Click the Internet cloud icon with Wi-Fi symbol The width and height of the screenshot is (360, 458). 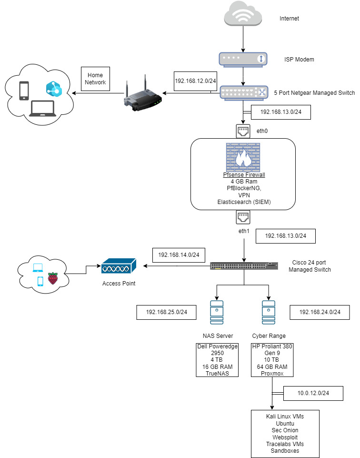coord(243,13)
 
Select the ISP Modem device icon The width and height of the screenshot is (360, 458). coord(243,60)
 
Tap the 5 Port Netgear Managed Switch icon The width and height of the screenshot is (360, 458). coord(244,93)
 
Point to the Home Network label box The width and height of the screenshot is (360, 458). coord(95,79)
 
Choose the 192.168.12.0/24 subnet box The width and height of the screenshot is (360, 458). coord(195,81)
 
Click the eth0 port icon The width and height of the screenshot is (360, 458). coord(243,131)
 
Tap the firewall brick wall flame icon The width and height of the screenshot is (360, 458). coord(243,157)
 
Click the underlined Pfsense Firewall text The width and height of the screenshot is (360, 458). coord(244,175)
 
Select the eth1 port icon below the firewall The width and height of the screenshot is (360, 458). coord(243,217)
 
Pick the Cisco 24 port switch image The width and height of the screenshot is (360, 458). coord(244,266)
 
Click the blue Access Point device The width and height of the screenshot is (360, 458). coord(119,266)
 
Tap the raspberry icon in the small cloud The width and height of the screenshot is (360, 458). coord(53,278)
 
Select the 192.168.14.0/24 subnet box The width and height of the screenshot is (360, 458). coord(179,255)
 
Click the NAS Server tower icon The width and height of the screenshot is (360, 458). coord(217,312)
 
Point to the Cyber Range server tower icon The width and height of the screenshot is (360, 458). coord(269,312)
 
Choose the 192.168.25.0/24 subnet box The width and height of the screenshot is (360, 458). coord(166,312)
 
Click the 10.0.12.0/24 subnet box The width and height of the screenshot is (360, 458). coord(313,394)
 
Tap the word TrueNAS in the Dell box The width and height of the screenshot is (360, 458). coord(217,374)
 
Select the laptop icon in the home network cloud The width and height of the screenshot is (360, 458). coord(42,109)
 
